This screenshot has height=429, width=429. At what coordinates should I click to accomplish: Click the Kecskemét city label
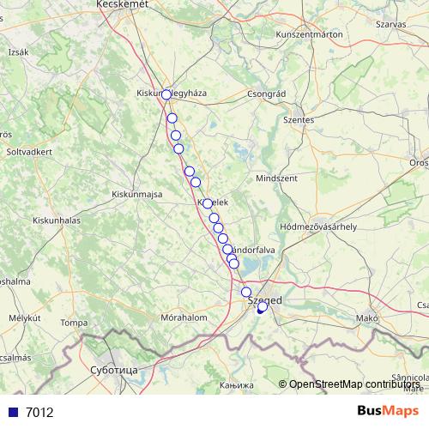click(124, 4)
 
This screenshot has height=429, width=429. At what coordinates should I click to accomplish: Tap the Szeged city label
click(264, 300)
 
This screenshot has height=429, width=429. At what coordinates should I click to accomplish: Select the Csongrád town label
click(265, 94)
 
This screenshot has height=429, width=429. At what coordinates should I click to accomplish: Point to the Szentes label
click(299, 120)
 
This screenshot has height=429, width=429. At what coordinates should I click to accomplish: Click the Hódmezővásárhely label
click(318, 227)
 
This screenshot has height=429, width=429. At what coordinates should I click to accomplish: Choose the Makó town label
click(367, 317)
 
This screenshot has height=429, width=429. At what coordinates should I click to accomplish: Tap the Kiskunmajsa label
click(137, 195)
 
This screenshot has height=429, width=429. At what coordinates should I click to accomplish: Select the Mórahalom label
click(184, 317)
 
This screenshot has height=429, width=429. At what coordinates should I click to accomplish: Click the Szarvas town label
click(390, 25)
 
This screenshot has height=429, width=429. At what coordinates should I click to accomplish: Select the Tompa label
click(75, 323)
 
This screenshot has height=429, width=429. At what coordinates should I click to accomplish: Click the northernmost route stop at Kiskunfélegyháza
click(166, 95)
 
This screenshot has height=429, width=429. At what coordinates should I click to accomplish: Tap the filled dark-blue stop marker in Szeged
click(261, 309)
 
